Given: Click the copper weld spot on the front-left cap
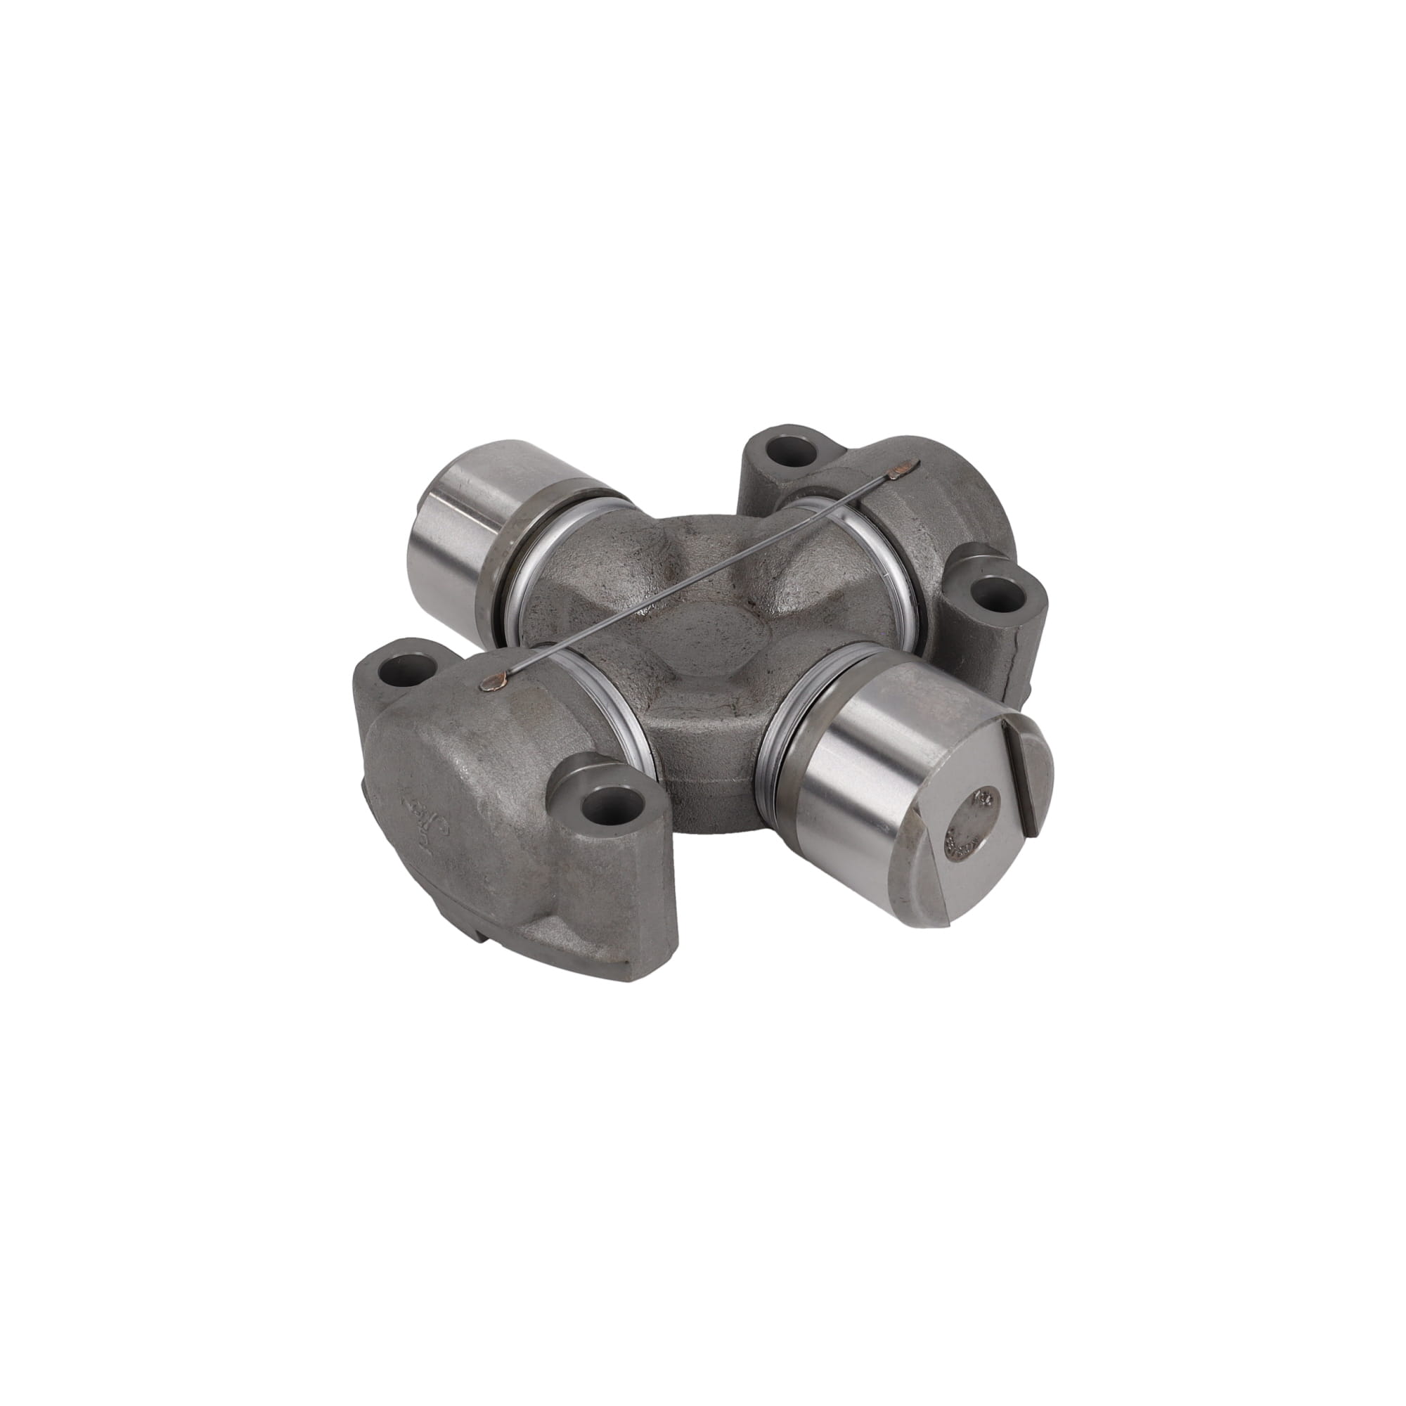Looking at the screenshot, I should click(x=494, y=681).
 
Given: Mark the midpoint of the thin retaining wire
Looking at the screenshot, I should click(x=699, y=575).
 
